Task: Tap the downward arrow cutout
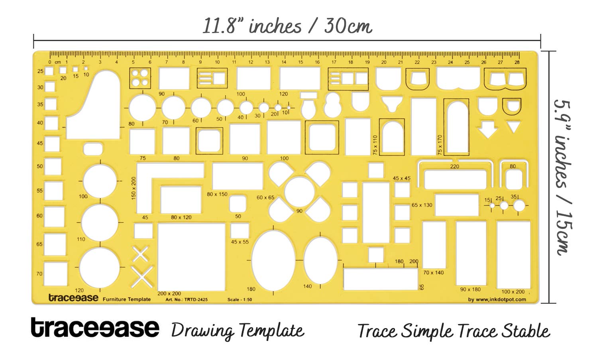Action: point(488,129)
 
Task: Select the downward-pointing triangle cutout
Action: point(513,127)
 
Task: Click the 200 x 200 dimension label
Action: point(169,293)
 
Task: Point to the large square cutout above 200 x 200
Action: point(192,257)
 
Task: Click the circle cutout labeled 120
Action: point(100,268)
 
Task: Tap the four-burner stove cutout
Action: point(140,78)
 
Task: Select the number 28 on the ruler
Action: point(517,62)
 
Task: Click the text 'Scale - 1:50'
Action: point(240,299)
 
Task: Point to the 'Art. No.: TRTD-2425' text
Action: point(187,299)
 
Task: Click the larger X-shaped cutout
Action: point(142,277)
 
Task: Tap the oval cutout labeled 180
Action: point(273,260)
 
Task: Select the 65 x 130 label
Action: point(422,205)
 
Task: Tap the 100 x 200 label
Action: point(513,292)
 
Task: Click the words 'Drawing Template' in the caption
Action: point(238,330)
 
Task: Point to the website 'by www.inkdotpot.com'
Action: point(497,299)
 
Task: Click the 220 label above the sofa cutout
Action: point(455,167)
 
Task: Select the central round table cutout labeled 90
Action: point(299,192)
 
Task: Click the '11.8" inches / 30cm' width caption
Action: point(287,26)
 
